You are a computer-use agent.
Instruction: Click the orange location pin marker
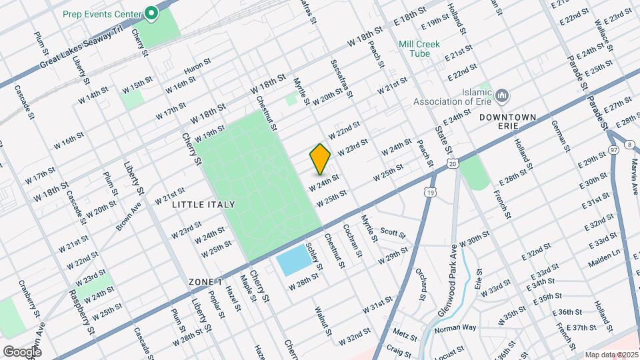click(321, 158)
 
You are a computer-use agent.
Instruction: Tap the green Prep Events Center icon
click(152, 13)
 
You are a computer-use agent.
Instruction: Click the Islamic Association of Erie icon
click(503, 95)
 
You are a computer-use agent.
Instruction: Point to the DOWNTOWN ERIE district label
click(508, 123)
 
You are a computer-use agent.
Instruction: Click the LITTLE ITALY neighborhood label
click(197, 205)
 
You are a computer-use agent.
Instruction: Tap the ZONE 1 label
click(205, 282)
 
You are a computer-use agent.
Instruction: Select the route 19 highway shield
click(430, 192)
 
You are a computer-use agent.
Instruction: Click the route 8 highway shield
click(629, 143)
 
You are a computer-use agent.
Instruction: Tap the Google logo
click(22, 351)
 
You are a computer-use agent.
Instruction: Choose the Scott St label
click(393, 233)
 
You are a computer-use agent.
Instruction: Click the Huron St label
click(197, 65)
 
